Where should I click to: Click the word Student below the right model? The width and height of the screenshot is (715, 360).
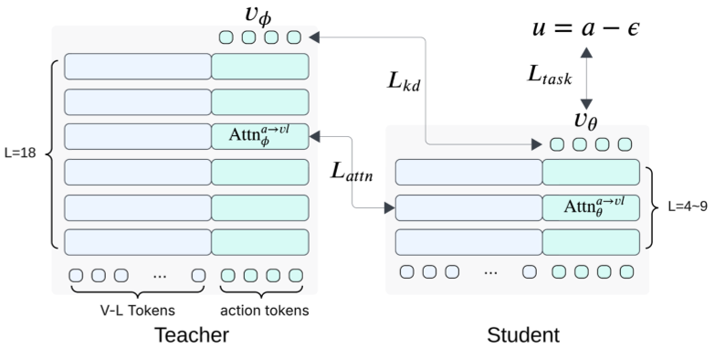[x=522, y=335]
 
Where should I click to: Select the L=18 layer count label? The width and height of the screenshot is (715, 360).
[x=20, y=154]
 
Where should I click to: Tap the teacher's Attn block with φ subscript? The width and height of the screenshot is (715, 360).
[x=260, y=136]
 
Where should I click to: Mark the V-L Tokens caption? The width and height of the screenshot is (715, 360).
[x=138, y=311]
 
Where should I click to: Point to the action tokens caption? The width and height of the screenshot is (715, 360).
[x=261, y=311]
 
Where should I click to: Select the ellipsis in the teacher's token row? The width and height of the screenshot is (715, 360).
[x=160, y=275]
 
